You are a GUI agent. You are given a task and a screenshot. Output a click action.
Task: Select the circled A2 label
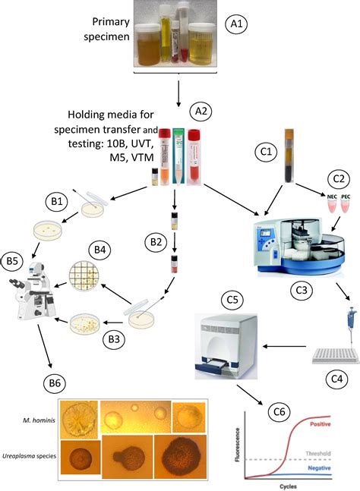point(201,111)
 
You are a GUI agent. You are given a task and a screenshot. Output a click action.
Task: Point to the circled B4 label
point(99,248)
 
